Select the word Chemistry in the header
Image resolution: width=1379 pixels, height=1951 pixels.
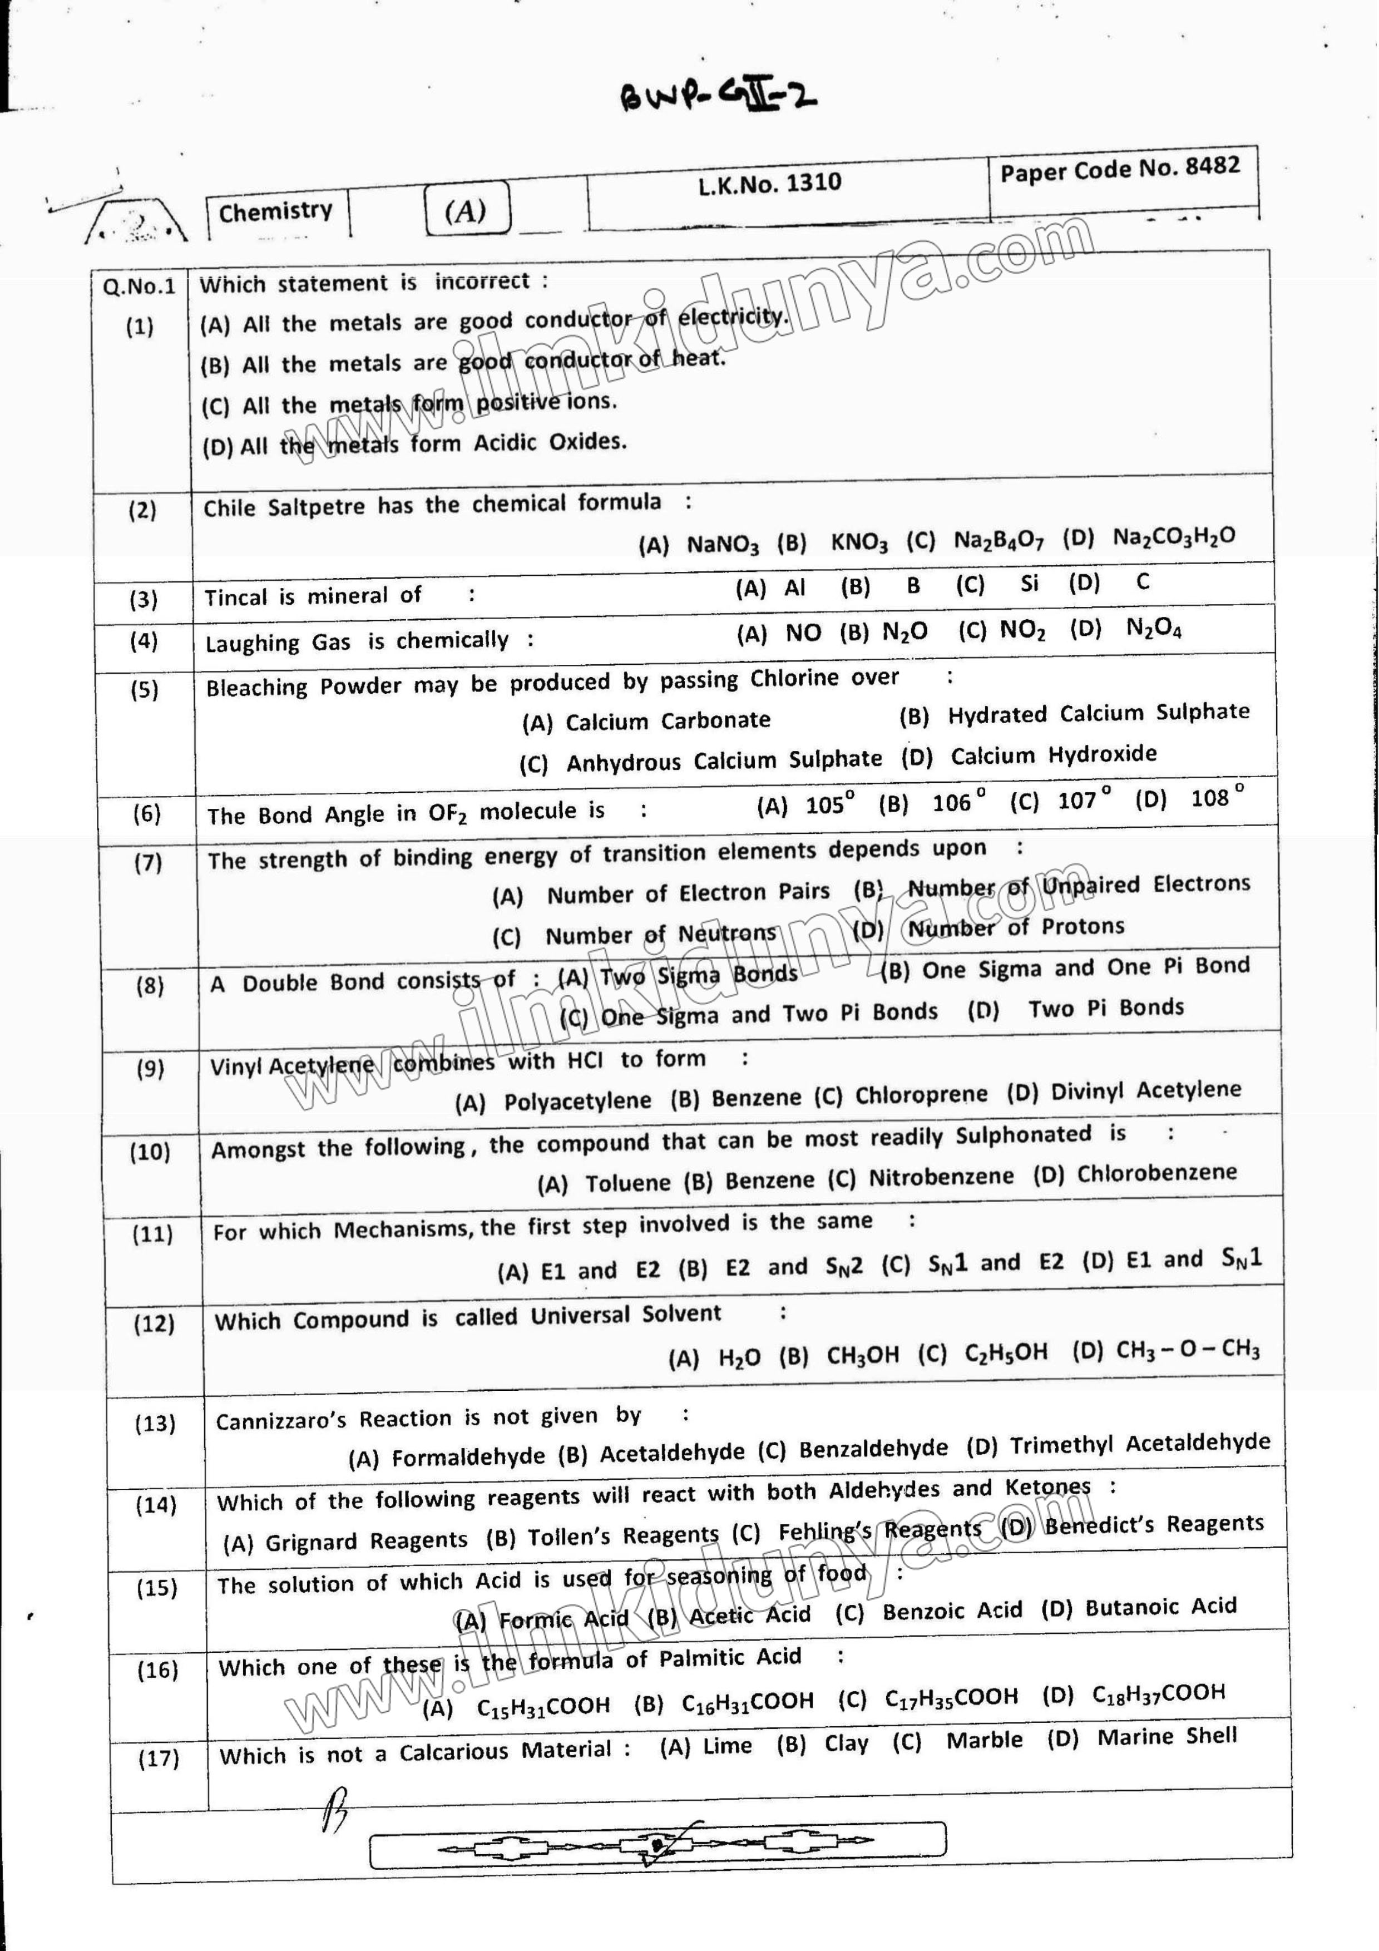click(275, 211)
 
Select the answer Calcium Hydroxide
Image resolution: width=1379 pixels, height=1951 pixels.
click(1054, 754)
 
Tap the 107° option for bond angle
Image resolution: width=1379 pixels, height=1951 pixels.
click(1083, 799)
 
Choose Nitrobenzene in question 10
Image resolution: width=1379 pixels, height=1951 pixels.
click(941, 1177)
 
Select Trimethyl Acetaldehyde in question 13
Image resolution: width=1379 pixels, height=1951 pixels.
click(1140, 1444)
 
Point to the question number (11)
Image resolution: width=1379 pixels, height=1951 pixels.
click(153, 1234)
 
